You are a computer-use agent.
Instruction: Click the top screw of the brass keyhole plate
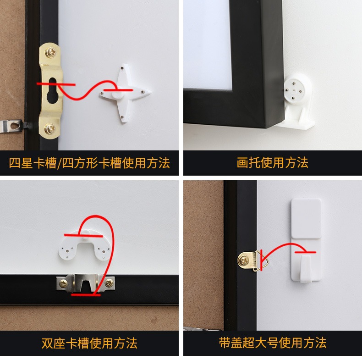[x=50, y=52]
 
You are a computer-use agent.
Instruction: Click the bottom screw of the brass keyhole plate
[x=50, y=128]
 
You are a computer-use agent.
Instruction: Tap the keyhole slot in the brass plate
[x=52, y=90]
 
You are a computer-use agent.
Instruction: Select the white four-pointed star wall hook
[x=125, y=93]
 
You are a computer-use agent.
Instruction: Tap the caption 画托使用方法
[x=273, y=162]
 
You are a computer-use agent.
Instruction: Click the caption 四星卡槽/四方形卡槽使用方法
[x=89, y=163]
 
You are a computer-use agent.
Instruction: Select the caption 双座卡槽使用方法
[x=89, y=343]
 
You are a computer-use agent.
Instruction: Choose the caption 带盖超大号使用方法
[x=273, y=343]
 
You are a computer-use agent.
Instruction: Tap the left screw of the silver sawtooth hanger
[x=63, y=283]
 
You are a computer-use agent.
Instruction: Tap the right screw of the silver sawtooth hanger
[x=109, y=282]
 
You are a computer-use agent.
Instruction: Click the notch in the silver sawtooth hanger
[x=86, y=285]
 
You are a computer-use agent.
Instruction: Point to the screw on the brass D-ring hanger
[x=244, y=261]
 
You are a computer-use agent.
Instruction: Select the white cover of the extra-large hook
[x=306, y=218]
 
